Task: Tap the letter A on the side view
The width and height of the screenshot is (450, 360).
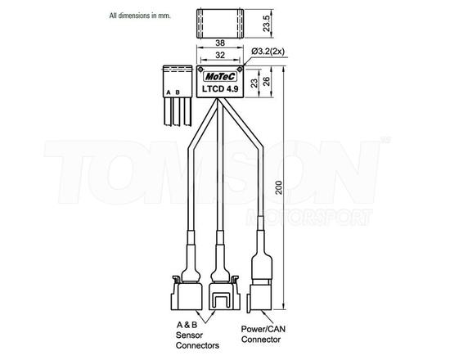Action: (x=168, y=92)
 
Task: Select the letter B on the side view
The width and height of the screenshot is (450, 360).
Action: (x=178, y=92)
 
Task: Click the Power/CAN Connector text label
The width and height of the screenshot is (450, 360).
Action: (x=262, y=335)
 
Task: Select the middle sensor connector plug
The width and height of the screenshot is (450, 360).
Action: (x=220, y=290)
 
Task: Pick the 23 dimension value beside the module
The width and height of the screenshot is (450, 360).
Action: (x=254, y=83)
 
